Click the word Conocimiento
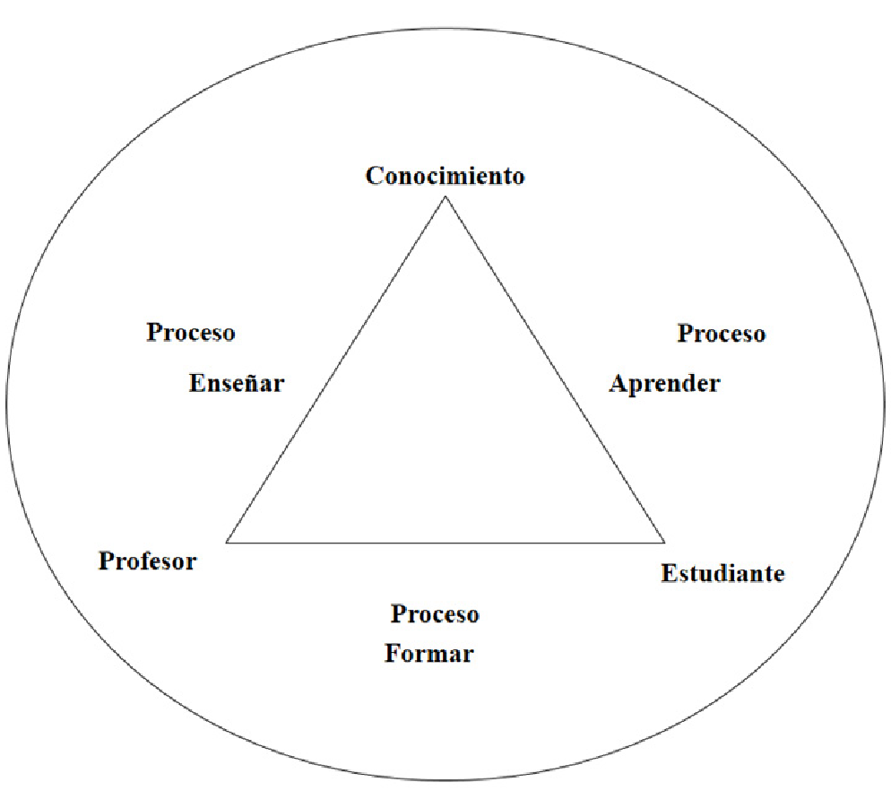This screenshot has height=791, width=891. point(445,175)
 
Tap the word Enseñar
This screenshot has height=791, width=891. point(237,384)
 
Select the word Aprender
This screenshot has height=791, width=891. point(664,384)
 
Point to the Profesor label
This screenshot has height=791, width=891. point(147,561)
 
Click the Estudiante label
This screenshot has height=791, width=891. point(722,573)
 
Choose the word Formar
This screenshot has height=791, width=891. point(428,654)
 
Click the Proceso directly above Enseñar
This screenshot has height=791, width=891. point(191,333)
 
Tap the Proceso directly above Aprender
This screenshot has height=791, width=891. point(722,334)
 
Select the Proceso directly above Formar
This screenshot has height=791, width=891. point(435,614)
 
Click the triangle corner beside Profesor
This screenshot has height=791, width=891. point(228,542)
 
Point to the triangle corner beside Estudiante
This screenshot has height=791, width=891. point(663,542)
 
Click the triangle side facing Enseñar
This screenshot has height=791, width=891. point(336,369)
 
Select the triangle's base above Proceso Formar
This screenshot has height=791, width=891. point(445,542)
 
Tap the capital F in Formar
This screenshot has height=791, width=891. point(393,654)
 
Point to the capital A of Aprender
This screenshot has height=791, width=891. point(618,384)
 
